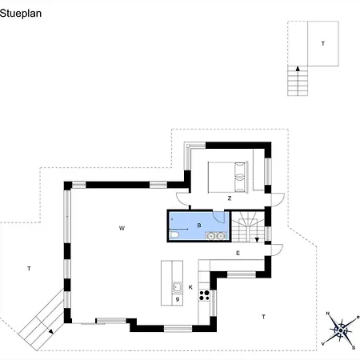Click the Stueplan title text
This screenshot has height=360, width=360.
21,14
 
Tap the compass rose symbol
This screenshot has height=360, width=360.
341,330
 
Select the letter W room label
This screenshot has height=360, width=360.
122,228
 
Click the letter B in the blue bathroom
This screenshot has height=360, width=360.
199,226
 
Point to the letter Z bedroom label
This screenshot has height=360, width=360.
230,198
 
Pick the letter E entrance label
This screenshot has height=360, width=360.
238,253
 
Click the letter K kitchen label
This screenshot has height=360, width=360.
190,287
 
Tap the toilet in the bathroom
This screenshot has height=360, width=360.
174,235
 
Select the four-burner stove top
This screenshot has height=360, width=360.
204,295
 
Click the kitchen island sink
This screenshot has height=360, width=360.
178,287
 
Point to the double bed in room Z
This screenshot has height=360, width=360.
228,177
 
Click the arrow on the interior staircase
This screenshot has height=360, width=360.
257,240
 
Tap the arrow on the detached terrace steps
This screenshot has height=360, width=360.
298,69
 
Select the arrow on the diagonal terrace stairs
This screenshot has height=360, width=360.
50,332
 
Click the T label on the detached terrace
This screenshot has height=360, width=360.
323,43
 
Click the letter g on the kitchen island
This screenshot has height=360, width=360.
178,299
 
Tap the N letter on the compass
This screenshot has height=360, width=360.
328,314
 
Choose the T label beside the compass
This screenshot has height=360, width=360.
263,317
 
